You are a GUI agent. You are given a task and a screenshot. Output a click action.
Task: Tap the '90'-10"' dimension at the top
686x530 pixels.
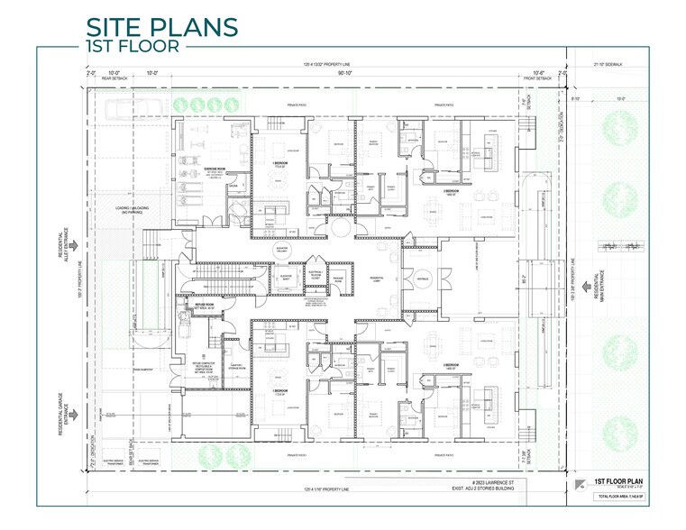pos(345,74)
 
